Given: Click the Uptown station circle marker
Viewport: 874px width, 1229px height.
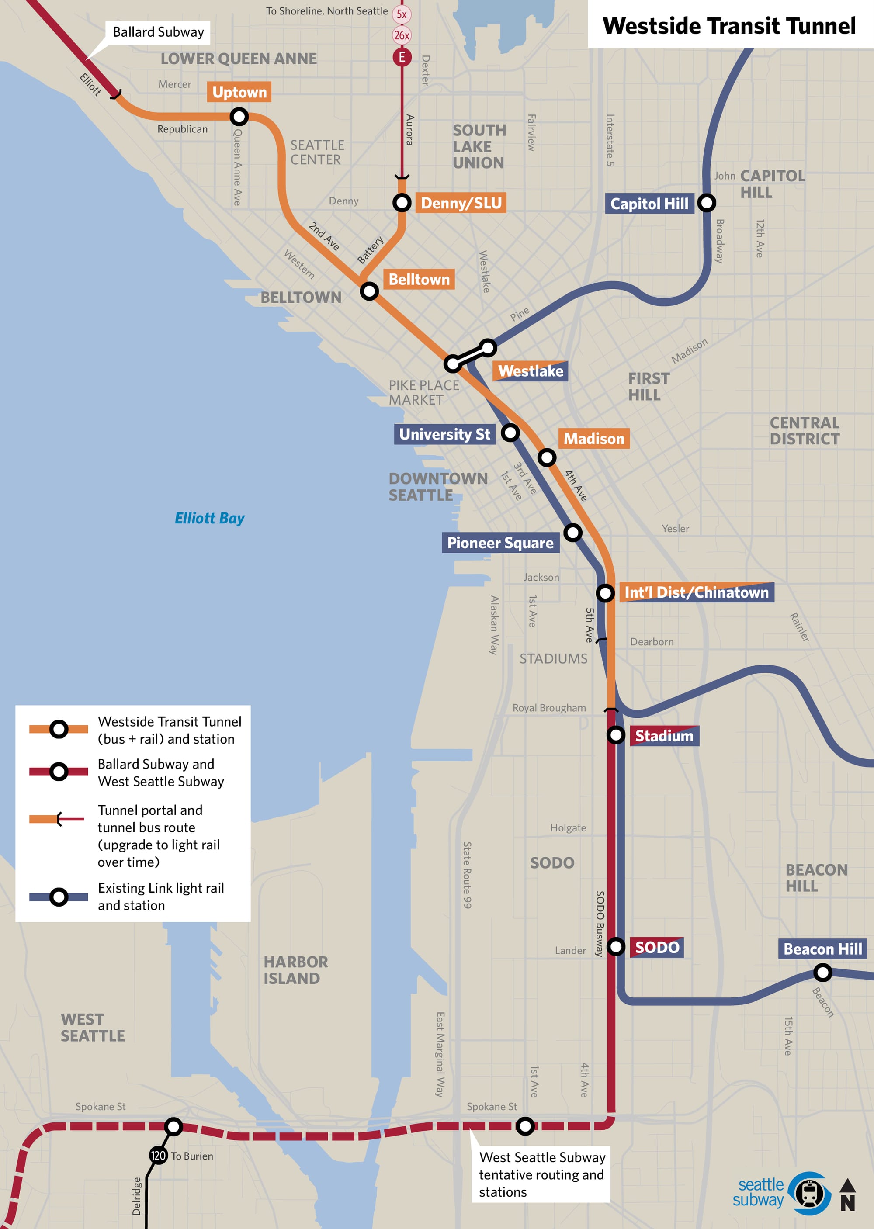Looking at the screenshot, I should [239, 116].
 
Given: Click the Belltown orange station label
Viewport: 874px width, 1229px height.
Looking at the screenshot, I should [419, 279].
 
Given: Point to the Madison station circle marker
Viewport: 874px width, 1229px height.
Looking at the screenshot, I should [547, 458].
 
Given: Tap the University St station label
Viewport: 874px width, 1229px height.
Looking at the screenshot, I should [444, 434].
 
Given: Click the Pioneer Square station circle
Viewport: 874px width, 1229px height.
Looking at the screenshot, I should [572, 533].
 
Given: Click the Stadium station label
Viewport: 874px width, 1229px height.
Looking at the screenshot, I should [664, 736].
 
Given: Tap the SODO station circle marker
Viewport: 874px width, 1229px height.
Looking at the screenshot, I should [616, 946].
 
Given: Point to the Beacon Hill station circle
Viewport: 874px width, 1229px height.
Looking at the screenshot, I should [822, 973].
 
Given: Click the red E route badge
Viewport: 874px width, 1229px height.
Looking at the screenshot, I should [402, 57].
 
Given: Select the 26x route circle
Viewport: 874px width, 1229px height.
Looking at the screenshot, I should [402, 35].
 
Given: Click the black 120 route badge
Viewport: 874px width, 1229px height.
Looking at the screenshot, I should [158, 1155].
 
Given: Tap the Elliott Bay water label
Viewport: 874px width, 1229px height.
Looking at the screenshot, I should [209, 518].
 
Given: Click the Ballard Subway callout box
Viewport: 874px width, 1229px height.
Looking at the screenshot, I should [158, 32].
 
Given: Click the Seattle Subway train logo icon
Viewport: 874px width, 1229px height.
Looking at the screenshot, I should [809, 1193].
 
